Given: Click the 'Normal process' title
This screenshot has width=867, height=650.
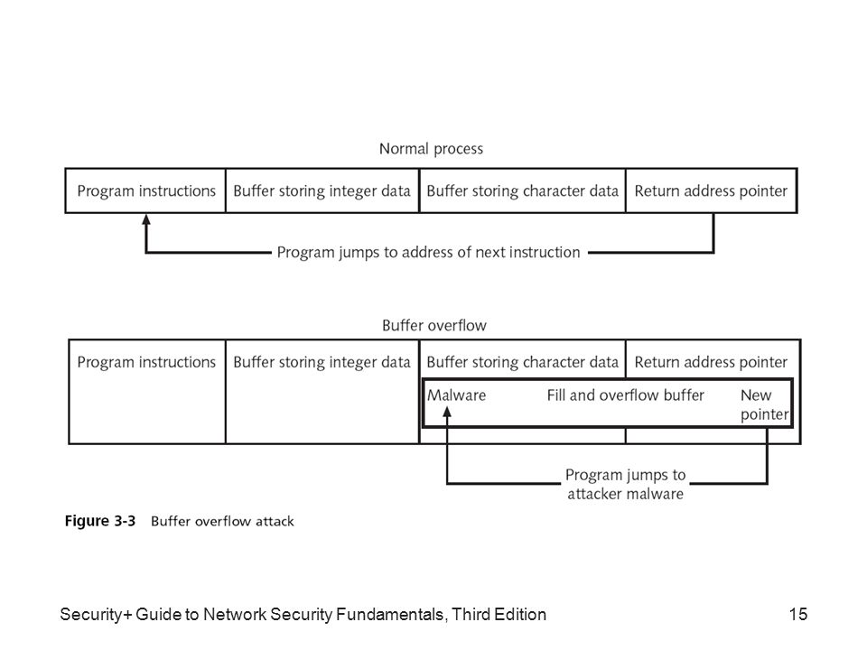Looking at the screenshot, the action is click(x=431, y=149).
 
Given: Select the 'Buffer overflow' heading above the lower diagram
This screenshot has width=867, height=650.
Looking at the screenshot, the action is click(x=434, y=325).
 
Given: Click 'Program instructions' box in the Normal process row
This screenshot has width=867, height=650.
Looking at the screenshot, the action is click(x=146, y=190).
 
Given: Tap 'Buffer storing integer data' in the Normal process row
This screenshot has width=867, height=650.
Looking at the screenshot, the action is click(x=322, y=190).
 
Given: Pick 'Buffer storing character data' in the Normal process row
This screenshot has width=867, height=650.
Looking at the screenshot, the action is click(x=522, y=190).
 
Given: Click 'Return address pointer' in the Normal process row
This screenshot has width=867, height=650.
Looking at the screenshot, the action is click(x=711, y=190).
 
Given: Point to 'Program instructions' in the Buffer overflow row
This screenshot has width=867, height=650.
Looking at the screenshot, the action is click(x=146, y=362).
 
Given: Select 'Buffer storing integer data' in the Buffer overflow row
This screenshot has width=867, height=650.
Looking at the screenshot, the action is click(x=322, y=362).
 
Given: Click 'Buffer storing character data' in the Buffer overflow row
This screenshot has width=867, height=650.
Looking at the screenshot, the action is click(x=522, y=362).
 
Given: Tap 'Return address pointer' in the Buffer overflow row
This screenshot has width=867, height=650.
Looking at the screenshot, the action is click(x=711, y=362).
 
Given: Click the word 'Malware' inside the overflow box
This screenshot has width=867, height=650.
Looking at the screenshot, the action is click(x=456, y=395).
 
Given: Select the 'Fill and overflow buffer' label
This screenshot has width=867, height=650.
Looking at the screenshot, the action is click(x=625, y=395).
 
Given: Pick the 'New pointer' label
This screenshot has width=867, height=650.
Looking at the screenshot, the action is click(x=764, y=404).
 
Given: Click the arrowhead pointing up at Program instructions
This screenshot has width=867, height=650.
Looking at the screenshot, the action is click(x=146, y=219).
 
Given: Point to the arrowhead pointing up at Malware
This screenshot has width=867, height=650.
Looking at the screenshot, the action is click(x=447, y=412).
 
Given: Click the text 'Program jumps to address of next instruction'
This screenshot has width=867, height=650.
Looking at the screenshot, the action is click(x=428, y=252).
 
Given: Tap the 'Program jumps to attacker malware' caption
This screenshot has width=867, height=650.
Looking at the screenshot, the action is click(x=625, y=484).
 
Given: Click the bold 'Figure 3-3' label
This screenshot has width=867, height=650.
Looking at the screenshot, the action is click(x=100, y=521).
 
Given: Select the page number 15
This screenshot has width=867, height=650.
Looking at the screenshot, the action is click(x=797, y=614).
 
